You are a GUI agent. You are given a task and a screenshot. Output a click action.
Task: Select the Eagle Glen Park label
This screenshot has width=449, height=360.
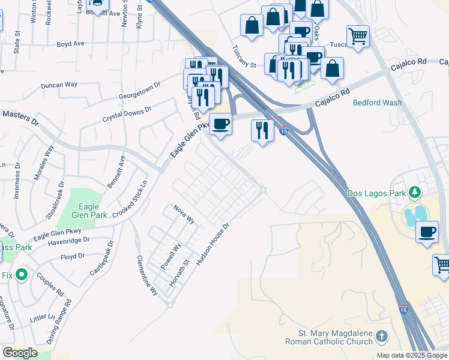[89, 211]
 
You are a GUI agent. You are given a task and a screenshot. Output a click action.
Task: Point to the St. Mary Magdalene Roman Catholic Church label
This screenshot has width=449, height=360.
[336, 338]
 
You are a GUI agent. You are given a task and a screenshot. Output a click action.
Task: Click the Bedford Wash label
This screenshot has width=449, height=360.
[377, 103]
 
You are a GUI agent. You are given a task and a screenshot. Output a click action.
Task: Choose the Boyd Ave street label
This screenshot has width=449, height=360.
[71, 44]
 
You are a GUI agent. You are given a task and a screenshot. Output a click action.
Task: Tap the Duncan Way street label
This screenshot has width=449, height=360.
[59, 85]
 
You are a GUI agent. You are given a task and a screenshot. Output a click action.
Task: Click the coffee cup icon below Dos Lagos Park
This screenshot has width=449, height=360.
[427, 232]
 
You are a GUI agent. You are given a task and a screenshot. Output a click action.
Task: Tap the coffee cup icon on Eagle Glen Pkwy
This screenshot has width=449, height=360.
[221, 124]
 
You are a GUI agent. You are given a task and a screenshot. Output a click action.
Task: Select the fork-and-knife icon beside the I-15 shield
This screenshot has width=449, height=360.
[262, 130]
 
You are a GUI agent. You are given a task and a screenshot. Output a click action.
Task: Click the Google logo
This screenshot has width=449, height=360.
[20, 353]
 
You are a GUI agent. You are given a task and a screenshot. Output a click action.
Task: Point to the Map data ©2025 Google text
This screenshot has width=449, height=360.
[412, 355]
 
